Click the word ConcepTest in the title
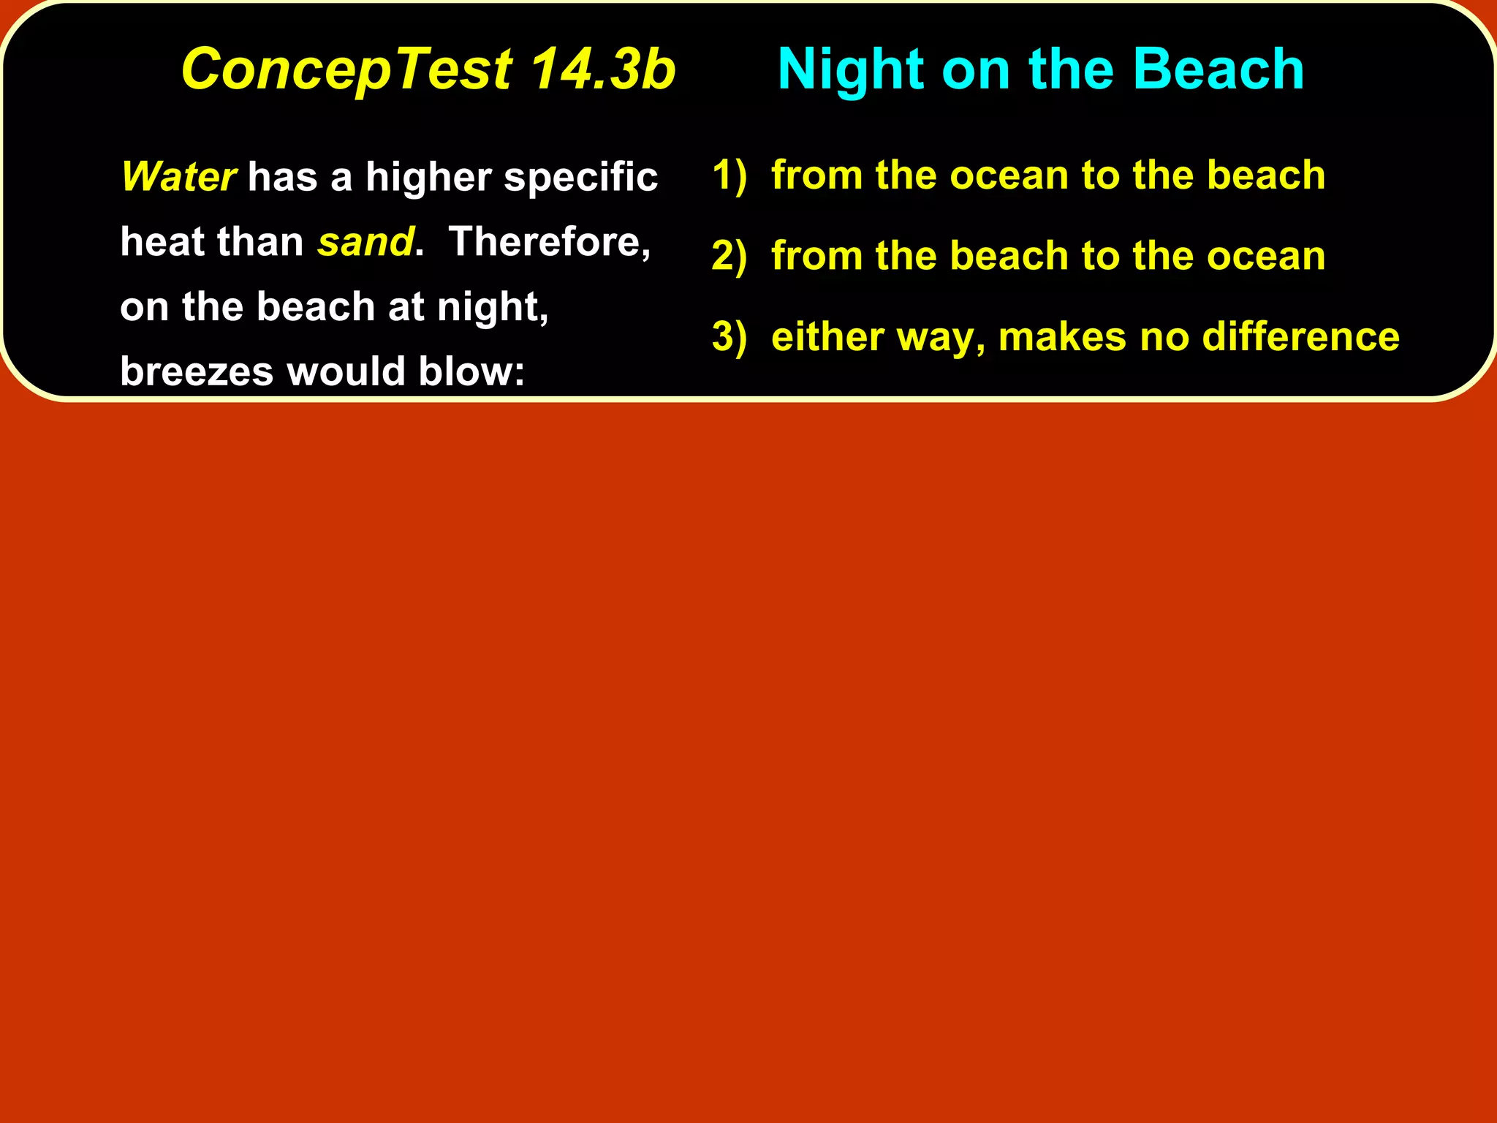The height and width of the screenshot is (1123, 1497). point(346,69)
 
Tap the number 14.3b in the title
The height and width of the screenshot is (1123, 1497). point(602,69)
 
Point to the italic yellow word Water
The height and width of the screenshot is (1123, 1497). point(178,177)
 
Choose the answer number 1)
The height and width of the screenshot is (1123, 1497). point(729,175)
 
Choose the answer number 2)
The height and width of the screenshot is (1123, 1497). point(729,257)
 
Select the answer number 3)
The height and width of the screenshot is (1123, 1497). point(729,337)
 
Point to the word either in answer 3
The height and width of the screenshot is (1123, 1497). point(818,337)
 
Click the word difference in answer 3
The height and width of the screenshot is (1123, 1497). point(1300,337)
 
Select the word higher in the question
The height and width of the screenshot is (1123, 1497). point(428,178)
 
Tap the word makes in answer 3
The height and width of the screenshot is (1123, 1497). point(1062,337)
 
